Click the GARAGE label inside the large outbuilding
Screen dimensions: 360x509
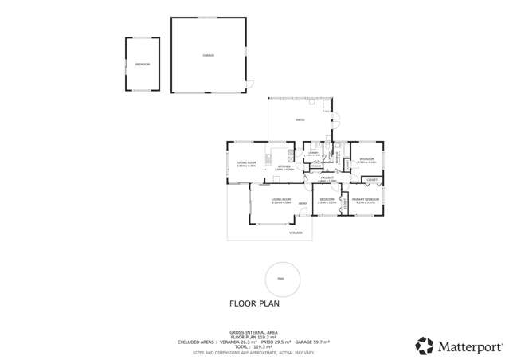(x=208, y=56)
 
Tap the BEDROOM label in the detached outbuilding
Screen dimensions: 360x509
(x=142, y=64)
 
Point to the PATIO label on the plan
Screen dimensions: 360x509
(x=300, y=120)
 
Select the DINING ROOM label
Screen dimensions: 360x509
(x=245, y=164)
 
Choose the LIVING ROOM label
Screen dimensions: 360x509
(x=280, y=200)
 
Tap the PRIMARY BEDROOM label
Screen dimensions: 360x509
(x=363, y=200)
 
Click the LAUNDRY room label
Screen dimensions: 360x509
(x=313, y=153)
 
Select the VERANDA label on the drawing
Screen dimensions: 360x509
(x=296, y=233)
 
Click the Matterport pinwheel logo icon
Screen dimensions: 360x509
(x=425, y=345)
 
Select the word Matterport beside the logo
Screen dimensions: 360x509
(x=470, y=346)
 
